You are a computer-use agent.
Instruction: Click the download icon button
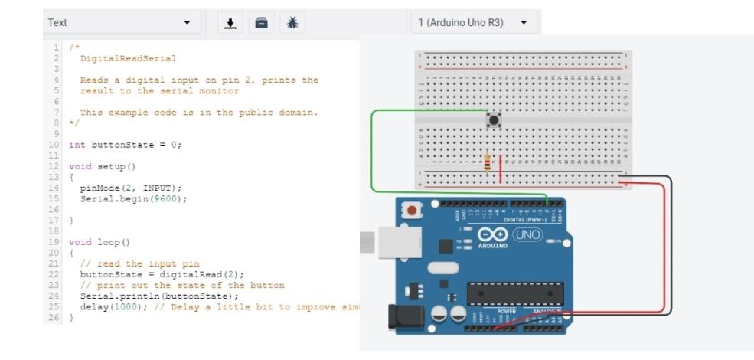[230, 23]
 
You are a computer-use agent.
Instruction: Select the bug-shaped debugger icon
[292, 23]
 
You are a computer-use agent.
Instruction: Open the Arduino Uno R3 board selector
[472, 23]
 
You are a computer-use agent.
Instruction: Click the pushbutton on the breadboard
[495, 119]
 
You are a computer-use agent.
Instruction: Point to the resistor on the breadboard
[488, 162]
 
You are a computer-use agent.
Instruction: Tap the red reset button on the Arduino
[413, 210]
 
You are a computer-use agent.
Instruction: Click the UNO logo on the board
[526, 234]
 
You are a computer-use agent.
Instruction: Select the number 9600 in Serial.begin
[172, 198]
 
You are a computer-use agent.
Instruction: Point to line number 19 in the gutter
[54, 242]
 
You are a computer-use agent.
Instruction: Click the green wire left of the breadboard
[371, 153]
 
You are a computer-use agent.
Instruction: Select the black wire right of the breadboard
[671, 245]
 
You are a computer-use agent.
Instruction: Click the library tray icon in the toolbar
[261, 23]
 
